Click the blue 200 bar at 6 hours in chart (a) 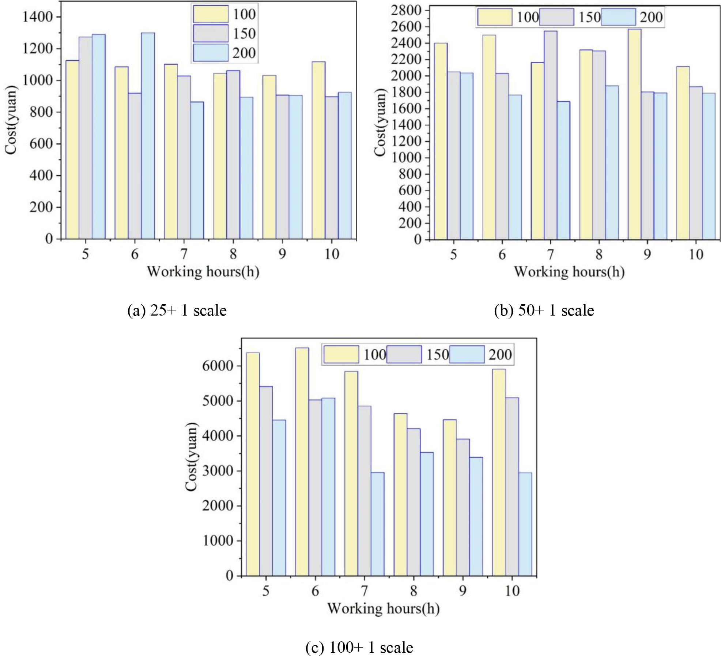pyautogui.click(x=148, y=136)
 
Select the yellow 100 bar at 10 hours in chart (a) pyautogui.click(x=318, y=150)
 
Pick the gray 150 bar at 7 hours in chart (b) pyautogui.click(x=551, y=135)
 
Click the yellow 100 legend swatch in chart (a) pyautogui.click(x=211, y=14)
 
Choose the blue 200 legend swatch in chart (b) pyautogui.click(x=618, y=17)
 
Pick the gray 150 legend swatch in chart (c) pyautogui.click(x=404, y=354)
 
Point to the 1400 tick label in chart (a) pyautogui.click(x=38, y=17)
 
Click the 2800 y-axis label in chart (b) pyautogui.click(x=406, y=10)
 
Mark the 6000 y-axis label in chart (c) pyautogui.click(x=218, y=366)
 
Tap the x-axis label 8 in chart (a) pyautogui.click(x=233, y=254)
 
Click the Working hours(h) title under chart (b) pyautogui.click(x=569, y=272)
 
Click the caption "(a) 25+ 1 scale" pyautogui.click(x=177, y=310)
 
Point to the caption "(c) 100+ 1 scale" pyautogui.click(x=359, y=648)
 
